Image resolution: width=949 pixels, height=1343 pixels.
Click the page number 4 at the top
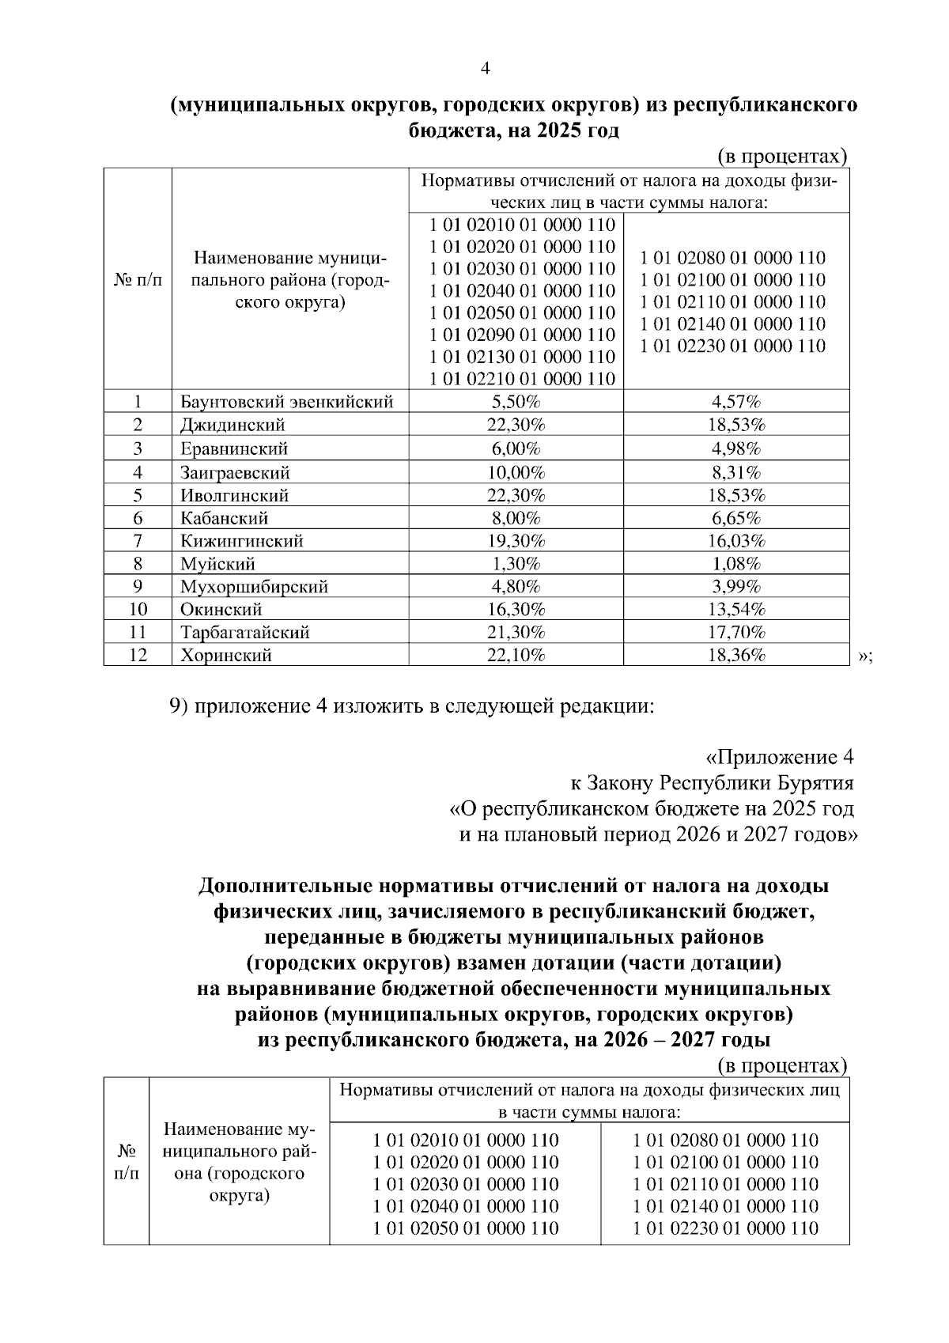point(486,69)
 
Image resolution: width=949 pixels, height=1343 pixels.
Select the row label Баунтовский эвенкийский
point(286,402)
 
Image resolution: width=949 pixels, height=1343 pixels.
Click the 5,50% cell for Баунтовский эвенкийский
point(516,402)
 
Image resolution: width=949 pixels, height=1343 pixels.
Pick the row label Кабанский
point(224,519)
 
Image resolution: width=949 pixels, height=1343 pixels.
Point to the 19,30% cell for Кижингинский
point(516,541)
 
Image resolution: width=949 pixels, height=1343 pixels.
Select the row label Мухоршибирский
point(254,587)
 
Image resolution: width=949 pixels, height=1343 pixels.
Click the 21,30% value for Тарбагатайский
point(516,633)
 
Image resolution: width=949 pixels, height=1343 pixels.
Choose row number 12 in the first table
point(138,656)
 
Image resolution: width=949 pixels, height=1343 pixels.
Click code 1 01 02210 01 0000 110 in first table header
point(522,379)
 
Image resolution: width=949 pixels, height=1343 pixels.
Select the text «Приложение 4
point(779,757)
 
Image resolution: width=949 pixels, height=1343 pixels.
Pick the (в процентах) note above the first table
point(782,156)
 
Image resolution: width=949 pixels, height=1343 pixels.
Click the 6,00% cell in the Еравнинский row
point(516,449)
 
